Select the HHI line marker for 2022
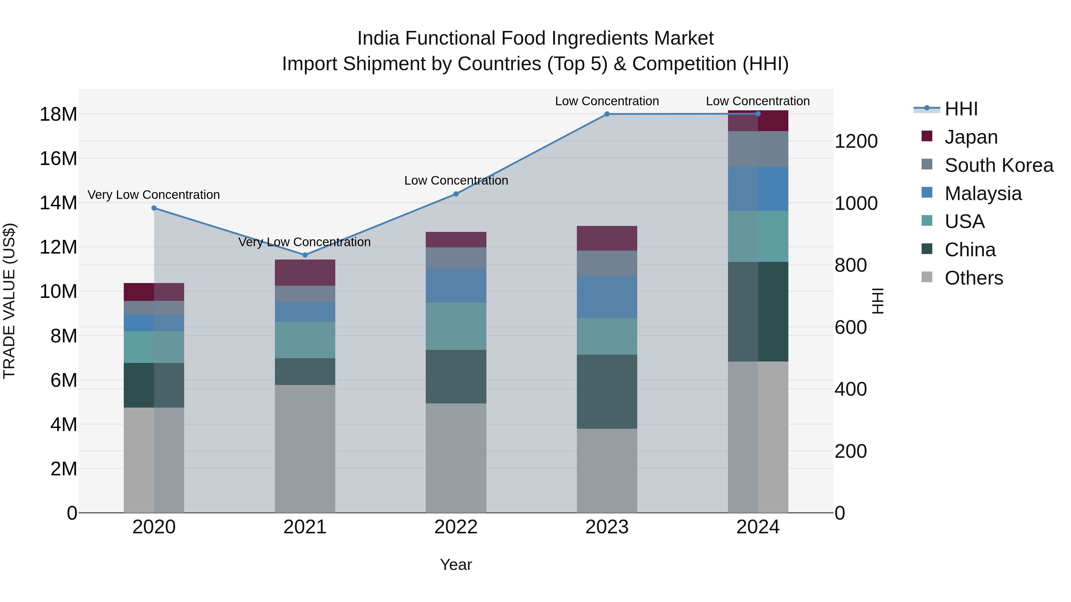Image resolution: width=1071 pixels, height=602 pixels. pos(456,194)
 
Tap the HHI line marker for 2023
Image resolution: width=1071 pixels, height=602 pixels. pos(607,114)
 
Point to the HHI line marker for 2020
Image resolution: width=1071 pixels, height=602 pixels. pos(154,208)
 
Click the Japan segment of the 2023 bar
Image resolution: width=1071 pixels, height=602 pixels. pos(607,238)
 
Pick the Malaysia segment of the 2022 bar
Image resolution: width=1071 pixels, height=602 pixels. pos(456,286)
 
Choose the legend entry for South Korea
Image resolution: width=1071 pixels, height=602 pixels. pos(999,165)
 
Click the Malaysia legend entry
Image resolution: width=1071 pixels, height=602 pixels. pos(983,194)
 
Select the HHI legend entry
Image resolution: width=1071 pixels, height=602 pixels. pos(961,109)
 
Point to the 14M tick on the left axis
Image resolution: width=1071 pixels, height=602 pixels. pos(58,203)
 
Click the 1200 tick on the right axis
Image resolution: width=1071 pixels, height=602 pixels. pos(856,141)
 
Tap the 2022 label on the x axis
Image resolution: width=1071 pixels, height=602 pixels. pos(456,527)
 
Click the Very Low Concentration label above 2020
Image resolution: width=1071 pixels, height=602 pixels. pos(154,195)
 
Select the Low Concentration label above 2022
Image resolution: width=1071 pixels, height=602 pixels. pos(456,181)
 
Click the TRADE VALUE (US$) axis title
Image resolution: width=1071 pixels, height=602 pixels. pos(9,301)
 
